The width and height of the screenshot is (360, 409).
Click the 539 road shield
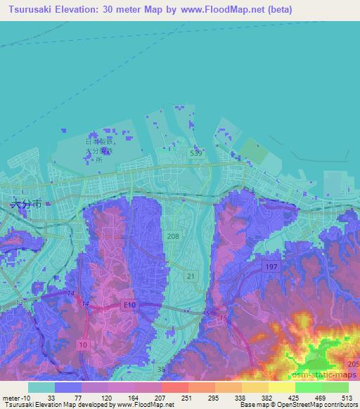[197, 151]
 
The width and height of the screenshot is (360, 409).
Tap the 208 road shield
[174, 237]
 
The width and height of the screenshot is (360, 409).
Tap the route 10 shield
[84, 344]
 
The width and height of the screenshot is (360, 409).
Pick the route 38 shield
[162, 369]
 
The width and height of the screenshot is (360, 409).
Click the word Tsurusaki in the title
[27, 10]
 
